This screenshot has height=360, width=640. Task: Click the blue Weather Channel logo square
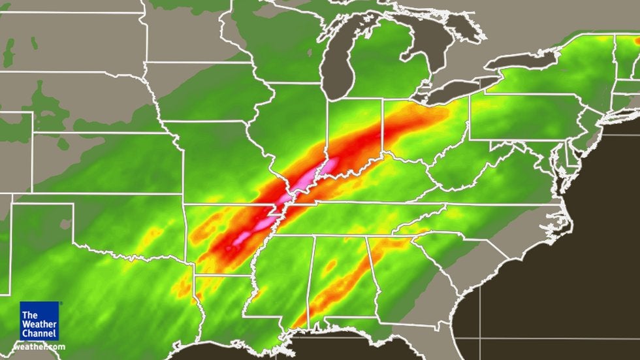pos(39,321)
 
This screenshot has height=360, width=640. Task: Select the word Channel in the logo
pos(39,333)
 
